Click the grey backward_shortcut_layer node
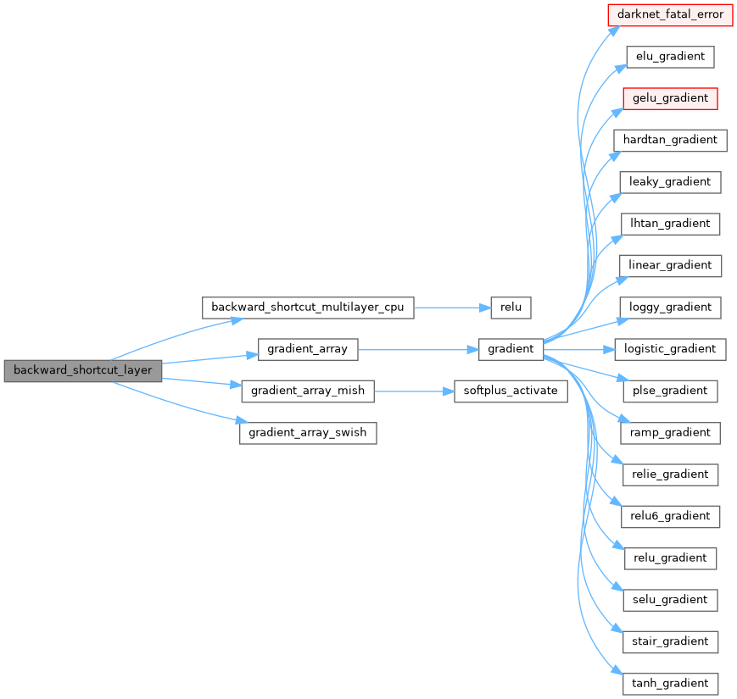click(x=82, y=371)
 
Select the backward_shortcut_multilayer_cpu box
click(x=308, y=308)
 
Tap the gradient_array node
click(x=308, y=349)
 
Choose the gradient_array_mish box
click(x=308, y=391)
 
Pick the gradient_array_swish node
click(x=308, y=432)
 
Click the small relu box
click(x=511, y=308)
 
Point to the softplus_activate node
click(x=511, y=391)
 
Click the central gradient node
click(x=511, y=349)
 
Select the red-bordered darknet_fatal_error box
click(x=670, y=14)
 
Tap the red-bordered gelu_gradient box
click(x=670, y=98)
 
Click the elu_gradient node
click(x=670, y=57)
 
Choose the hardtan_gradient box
click(x=670, y=140)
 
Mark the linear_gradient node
click(x=670, y=265)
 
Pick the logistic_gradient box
click(x=670, y=349)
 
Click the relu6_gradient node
click(x=670, y=516)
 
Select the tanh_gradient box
click(x=670, y=683)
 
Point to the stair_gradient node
click(x=670, y=641)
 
